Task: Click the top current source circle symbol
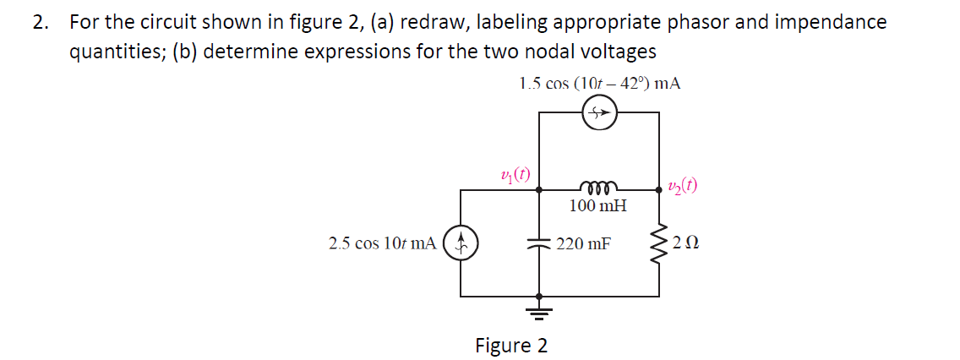click(x=599, y=112)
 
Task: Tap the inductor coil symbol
click(x=599, y=187)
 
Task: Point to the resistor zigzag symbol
click(x=659, y=243)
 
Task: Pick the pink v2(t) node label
click(x=683, y=187)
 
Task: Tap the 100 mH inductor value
click(x=597, y=206)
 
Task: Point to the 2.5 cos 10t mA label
click(x=383, y=244)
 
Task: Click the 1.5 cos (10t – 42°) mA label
click(x=599, y=84)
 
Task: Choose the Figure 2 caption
click(x=511, y=345)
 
